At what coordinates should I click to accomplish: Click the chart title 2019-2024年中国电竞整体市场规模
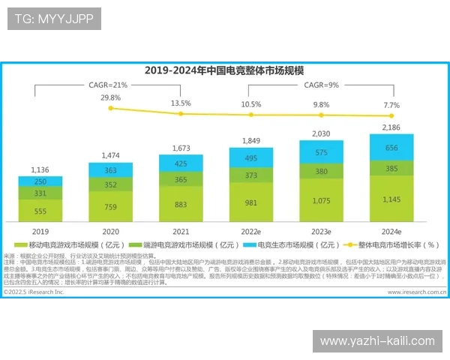tap(224, 70)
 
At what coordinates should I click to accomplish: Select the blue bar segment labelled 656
tap(391, 148)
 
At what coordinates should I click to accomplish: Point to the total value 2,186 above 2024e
tap(391, 128)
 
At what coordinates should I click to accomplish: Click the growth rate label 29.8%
tap(110, 97)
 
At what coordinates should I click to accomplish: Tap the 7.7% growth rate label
tap(391, 105)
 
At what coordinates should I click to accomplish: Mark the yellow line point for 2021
tap(181, 113)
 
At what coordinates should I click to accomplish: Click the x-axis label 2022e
tap(250, 232)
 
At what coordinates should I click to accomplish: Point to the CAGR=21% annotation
tap(110, 85)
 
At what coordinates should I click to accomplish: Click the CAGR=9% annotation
tap(321, 85)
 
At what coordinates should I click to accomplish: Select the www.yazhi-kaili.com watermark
tap(377, 341)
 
